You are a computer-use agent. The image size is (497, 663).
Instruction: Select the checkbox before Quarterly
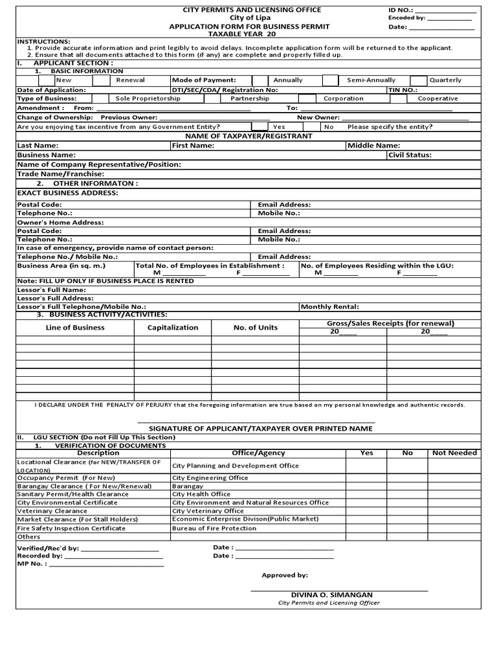419,80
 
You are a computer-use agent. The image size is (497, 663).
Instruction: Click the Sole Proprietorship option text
148,98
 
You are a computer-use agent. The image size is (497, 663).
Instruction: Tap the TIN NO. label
403,90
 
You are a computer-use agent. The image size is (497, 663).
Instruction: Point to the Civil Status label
410,155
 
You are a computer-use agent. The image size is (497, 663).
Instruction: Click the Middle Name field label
374,146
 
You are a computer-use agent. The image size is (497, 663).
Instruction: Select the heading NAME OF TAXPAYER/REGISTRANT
248,136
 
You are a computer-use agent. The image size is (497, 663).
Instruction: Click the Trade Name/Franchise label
60,174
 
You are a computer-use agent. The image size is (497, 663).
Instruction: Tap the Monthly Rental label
329,307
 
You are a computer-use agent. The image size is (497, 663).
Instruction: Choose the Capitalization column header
173,328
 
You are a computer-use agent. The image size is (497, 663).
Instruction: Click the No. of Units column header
256,328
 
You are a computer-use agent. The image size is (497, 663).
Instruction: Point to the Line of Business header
75,328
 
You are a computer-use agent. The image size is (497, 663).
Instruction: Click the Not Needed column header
454,453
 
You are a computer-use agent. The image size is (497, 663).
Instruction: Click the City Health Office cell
201,494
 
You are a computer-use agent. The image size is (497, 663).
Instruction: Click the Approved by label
285,575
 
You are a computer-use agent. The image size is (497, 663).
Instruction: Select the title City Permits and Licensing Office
249,10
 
